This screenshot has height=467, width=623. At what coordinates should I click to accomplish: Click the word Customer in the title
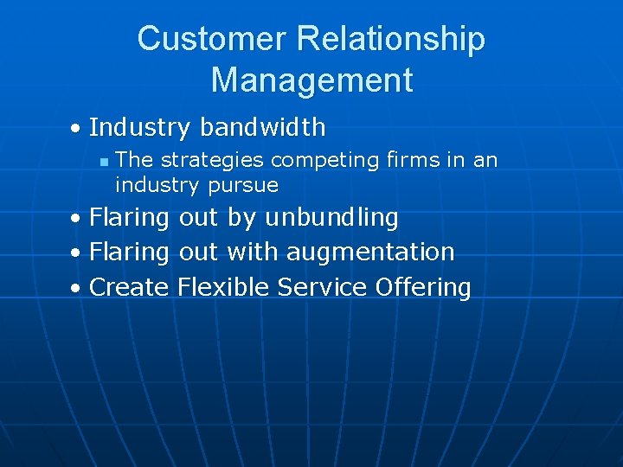click(x=211, y=39)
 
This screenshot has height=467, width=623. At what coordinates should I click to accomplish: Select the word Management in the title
click(x=311, y=80)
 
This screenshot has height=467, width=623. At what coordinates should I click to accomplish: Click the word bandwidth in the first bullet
click(x=262, y=128)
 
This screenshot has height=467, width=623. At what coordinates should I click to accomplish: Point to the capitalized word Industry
click(x=139, y=128)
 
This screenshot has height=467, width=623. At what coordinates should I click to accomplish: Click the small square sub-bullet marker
click(x=103, y=162)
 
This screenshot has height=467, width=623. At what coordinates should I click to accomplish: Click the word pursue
click(x=243, y=185)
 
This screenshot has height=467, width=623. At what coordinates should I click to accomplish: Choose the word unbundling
click(x=331, y=218)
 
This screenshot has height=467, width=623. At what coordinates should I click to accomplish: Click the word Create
click(x=129, y=287)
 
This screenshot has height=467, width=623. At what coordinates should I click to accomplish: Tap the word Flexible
click(x=223, y=287)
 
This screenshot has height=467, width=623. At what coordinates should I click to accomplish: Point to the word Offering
click(x=423, y=288)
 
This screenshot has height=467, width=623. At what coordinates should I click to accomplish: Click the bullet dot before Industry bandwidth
click(x=77, y=130)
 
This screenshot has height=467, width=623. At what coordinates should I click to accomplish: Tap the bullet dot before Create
click(x=77, y=289)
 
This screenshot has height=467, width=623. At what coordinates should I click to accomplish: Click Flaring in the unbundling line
click(x=130, y=219)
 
